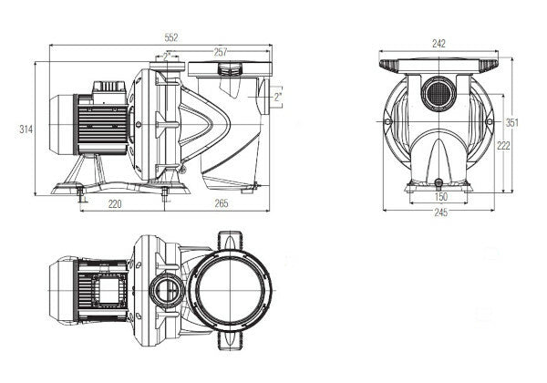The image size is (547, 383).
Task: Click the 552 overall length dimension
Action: [x=171, y=37]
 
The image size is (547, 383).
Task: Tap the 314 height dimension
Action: [x=26, y=130]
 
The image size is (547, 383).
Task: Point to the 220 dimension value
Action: [x=115, y=204]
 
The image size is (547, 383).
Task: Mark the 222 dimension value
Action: [x=501, y=146]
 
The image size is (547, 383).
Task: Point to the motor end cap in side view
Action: [x=56, y=129]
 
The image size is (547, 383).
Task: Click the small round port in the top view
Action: [x=167, y=291]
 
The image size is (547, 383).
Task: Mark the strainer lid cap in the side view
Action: [x=230, y=69]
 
